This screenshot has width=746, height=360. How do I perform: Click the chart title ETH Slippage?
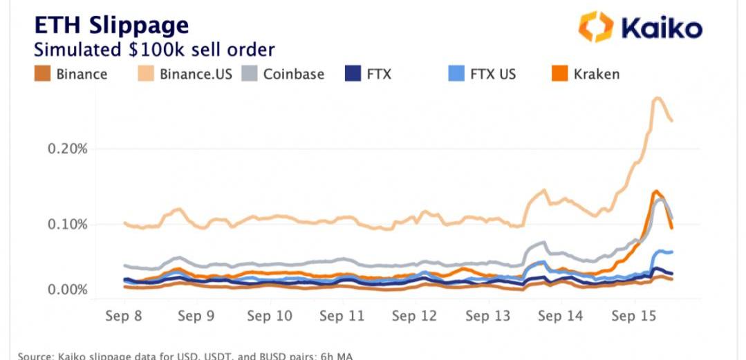point(111,25)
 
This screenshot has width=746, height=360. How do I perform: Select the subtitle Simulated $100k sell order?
point(154,50)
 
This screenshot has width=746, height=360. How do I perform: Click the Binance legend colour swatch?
point(43,73)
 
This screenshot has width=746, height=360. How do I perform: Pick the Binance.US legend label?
point(196,73)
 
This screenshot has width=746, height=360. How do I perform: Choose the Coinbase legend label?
point(293,73)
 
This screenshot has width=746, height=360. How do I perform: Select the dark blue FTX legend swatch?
point(353,73)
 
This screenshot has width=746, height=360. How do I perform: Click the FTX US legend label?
point(492,73)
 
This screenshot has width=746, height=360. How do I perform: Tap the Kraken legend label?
point(597,73)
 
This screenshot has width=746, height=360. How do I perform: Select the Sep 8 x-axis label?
point(124,316)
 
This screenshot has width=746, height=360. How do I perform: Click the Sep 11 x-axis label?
point(342,316)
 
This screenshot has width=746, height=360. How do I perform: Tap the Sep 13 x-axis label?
point(487,316)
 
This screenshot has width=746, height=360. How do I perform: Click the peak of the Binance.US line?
point(657,98)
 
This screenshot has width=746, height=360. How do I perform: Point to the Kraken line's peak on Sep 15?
point(654,191)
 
